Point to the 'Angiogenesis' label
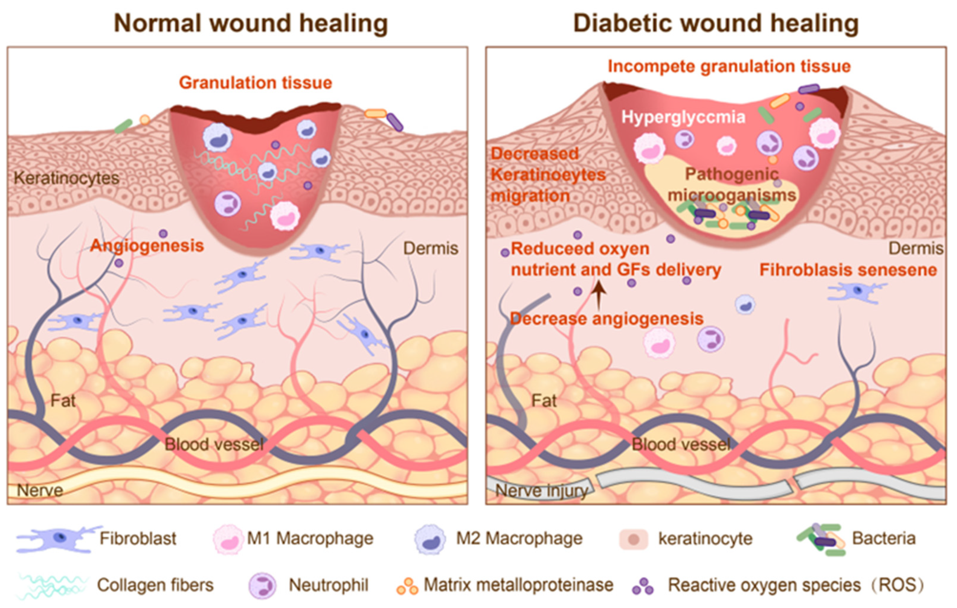pos(147,246)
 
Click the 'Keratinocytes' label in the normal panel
pos(66,178)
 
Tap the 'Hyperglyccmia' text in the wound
pos(683,117)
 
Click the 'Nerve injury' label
pos(541,491)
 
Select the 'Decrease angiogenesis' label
pos(607,319)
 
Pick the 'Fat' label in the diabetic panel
pos(544,401)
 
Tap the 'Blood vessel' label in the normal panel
pos(214,444)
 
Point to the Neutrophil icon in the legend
pos(262,585)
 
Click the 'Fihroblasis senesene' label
pos(848,270)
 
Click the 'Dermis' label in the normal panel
pos(431,248)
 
